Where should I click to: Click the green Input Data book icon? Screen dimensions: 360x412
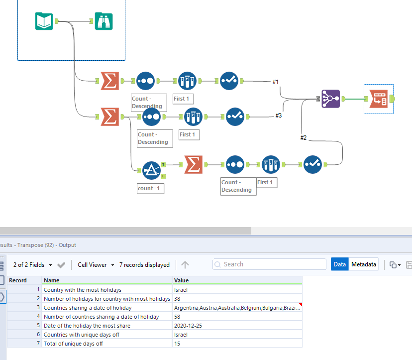pos(44,21)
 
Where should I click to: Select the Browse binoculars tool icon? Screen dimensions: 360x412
pos(103,21)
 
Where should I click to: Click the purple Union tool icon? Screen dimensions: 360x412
pos(330,99)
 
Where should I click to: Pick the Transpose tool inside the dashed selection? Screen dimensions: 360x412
pos(378,99)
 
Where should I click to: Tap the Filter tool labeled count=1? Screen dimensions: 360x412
pos(151,171)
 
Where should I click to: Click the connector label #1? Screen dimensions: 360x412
pos(276,81)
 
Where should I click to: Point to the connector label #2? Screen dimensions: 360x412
pos(304,137)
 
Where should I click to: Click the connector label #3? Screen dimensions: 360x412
pos(279,116)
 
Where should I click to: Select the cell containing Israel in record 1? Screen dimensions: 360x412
pos(237,289)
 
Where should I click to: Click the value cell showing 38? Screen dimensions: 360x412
pos(237,298)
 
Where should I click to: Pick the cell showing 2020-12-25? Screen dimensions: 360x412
pos(237,325)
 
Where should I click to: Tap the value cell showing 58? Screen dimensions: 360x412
pos(237,316)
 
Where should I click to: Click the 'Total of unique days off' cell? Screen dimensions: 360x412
pos(107,343)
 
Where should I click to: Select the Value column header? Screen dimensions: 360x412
pos(237,280)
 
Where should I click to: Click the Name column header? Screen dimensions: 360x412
pos(107,280)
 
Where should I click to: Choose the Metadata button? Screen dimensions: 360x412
pos(363,264)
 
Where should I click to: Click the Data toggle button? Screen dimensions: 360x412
pos(340,264)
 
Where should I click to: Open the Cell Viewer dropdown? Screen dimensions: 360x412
pos(96,265)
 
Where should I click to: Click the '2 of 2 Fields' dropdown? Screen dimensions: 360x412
pos(32,265)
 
